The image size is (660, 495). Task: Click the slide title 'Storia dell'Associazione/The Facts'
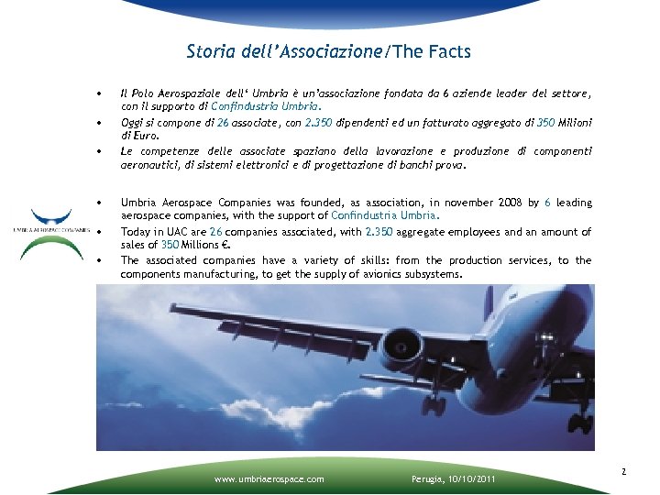click(x=328, y=51)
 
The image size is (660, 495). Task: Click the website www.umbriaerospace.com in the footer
click(x=268, y=478)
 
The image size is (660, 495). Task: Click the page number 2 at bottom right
click(x=623, y=472)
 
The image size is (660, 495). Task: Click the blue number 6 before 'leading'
click(x=548, y=203)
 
